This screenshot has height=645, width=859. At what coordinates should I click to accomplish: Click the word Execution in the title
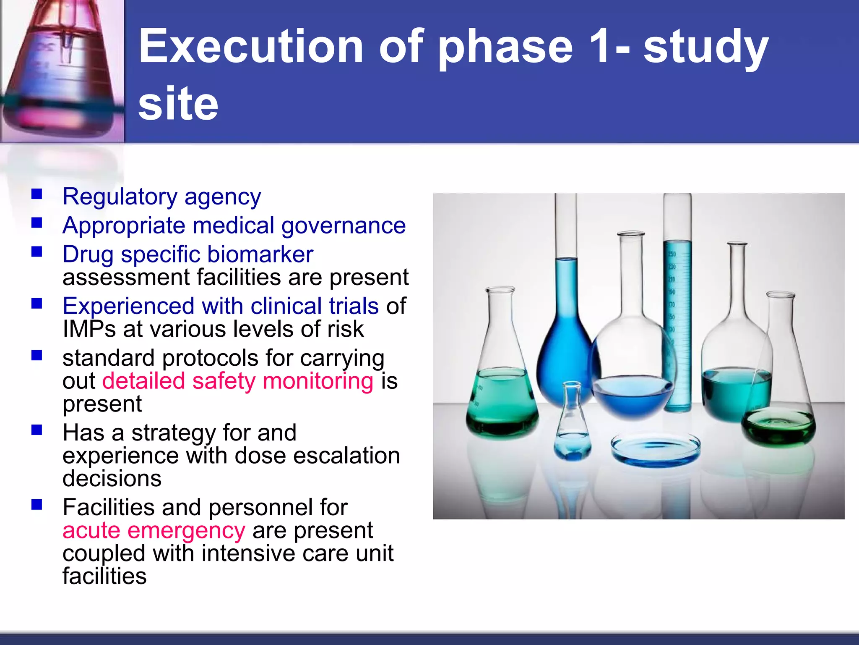pos(251,46)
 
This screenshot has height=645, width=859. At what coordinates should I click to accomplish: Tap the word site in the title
pos(178,103)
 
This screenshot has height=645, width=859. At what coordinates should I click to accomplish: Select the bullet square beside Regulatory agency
pos(37,194)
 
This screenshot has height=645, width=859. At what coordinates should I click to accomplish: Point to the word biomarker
pos(260,254)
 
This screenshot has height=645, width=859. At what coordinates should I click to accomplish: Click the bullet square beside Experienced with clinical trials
pos(37,303)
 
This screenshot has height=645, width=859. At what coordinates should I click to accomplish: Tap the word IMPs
pos(89,329)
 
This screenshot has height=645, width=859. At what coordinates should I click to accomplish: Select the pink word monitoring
pos(318,381)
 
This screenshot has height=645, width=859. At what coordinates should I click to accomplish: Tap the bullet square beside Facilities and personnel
pos(37,504)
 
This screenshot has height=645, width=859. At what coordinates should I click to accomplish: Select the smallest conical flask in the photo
pos(573,424)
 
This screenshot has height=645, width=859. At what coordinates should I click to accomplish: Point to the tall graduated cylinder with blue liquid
pos(677,302)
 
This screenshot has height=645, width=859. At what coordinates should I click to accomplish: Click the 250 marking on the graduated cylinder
pos(672,254)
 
